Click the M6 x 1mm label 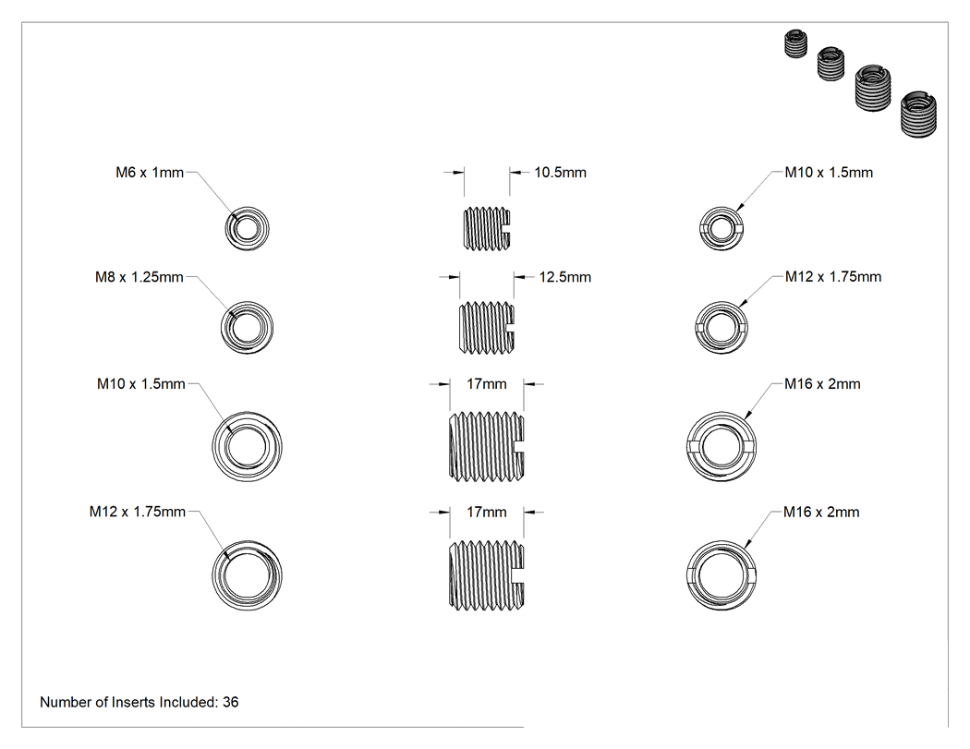150,173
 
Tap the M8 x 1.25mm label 139,277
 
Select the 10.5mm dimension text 561,173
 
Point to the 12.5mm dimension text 564,277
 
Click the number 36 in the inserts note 231,702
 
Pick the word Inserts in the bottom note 133,702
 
